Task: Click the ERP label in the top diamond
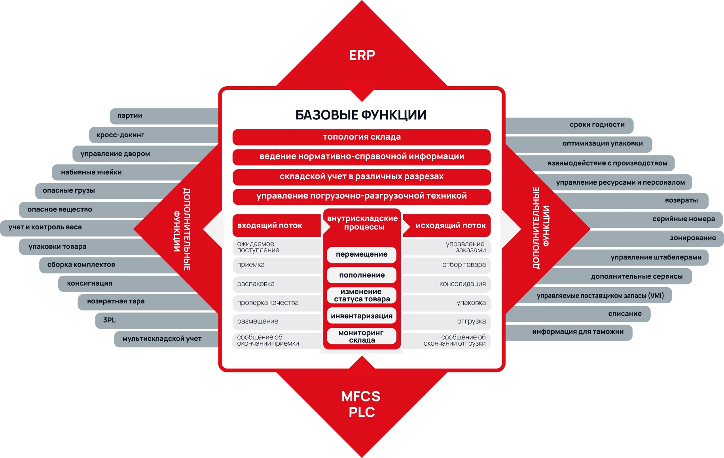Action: (x=362, y=55)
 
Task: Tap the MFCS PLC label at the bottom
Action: (x=361, y=404)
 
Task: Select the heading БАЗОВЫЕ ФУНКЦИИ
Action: (x=361, y=115)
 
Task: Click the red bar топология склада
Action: (x=362, y=137)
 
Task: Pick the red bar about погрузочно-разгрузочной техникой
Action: (x=362, y=197)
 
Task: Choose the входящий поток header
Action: (x=277, y=225)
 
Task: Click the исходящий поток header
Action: (x=447, y=225)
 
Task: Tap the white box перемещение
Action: (x=362, y=254)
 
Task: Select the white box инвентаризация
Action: (x=362, y=316)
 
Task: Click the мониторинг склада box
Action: (x=362, y=336)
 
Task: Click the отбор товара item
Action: (x=447, y=265)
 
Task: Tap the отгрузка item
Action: (x=447, y=322)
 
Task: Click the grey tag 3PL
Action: (x=157, y=320)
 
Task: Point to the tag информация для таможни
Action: (x=569, y=332)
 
